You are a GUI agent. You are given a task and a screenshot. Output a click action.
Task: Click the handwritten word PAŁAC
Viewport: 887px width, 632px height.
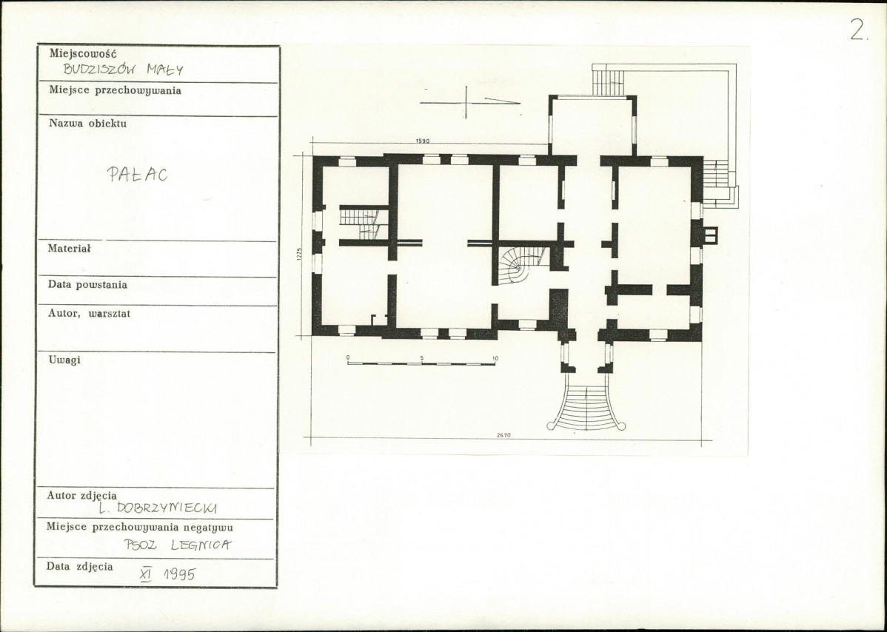point(138,174)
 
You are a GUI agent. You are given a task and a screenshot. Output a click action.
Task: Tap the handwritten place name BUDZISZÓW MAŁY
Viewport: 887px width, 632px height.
point(123,70)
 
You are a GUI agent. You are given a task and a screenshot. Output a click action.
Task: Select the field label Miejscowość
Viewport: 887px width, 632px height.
point(83,53)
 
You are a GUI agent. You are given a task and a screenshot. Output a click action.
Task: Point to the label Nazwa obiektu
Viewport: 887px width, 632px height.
point(87,124)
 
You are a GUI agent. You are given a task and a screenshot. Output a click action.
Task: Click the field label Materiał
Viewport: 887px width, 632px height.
point(69,248)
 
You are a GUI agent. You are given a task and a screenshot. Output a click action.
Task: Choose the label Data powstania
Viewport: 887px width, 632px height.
point(87,284)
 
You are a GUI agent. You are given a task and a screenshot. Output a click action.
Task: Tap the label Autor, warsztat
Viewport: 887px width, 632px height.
point(89,313)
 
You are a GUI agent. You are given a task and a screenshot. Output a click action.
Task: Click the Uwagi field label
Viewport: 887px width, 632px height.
point(64,360)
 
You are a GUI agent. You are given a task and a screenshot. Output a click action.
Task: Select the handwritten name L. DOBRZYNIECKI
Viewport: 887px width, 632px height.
point(157,508)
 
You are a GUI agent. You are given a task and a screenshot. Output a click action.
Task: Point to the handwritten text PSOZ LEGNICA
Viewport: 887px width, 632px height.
point(178,545)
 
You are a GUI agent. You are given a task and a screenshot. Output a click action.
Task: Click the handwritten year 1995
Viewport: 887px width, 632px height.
point(179,574)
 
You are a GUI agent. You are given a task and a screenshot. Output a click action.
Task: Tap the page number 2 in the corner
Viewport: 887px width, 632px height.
point(857,30)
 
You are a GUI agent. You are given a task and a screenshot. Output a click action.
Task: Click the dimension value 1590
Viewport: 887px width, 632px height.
point(423,141)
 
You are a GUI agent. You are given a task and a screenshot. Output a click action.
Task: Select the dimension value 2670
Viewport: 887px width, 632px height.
point(503,434)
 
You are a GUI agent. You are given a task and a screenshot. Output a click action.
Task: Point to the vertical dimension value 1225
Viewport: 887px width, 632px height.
point(299,254)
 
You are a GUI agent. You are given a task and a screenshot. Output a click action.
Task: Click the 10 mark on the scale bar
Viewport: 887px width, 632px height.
point(495,358)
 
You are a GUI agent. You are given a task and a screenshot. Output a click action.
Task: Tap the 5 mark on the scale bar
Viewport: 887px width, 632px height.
point(422,358)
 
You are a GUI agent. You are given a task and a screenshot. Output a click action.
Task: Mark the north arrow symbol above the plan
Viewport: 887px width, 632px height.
point(470,102)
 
